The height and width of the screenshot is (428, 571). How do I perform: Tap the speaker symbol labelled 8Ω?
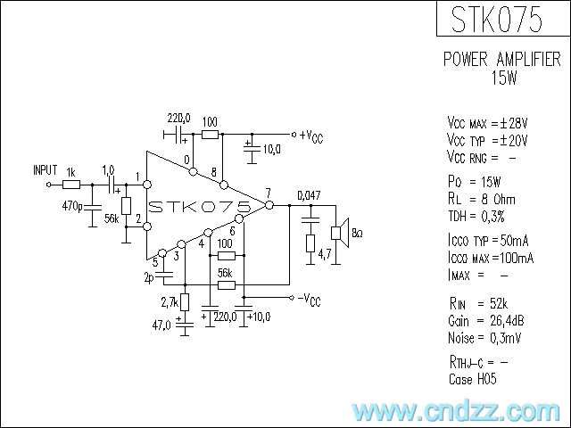(337, 234)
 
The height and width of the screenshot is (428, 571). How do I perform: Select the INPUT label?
(45, 169)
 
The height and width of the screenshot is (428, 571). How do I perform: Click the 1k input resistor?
(71, 185)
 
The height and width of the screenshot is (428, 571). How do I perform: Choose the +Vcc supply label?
(311, 136)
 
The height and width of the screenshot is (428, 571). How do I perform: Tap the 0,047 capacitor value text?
(309, 195)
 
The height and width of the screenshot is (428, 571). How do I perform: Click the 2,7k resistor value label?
(170, 303)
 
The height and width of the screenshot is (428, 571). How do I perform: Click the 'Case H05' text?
(473, 379)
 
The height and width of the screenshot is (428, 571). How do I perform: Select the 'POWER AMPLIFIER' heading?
(502, 60)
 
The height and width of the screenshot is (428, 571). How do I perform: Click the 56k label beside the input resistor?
(111, 218)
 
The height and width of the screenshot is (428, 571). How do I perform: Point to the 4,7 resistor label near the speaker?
(326, 255)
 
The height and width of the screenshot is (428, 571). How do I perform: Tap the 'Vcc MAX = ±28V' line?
(487, 122)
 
